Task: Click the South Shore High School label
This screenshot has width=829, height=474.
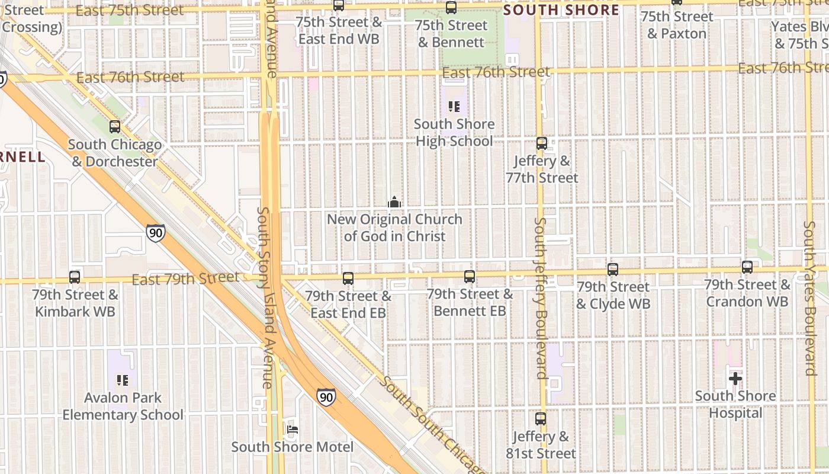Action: tap(454, 133)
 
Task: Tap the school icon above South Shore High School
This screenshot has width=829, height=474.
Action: tap(454, 107)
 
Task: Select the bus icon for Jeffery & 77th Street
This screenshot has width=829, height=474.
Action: tap(541, 143)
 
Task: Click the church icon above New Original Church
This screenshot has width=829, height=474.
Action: tap(394, 203)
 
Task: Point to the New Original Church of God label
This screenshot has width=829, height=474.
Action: tap(394, 228)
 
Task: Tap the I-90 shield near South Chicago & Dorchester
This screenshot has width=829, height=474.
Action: tap(155, 233)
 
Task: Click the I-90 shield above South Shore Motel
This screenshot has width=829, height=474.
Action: tap(325, 396)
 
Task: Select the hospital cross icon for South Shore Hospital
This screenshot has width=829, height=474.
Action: tap(735, 379)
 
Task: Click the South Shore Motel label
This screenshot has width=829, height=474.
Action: tap(293, 447)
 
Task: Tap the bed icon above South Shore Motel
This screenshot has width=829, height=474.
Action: tap(292, 430)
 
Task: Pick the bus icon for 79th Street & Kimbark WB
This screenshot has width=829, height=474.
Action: tap(75, 277)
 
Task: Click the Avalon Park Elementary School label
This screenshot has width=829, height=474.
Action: tap(123, 406)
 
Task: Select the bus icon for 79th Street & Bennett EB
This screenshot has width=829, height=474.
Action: tap(470, 277)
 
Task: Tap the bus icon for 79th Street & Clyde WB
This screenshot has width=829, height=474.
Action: tap(613, 270)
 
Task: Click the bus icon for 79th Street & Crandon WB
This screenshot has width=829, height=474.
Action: tap(747, 267)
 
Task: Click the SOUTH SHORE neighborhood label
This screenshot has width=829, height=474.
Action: tap(561, 10)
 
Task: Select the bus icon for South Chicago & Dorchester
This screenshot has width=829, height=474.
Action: tap(115, 127)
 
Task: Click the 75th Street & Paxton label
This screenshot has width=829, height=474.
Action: tap(677, 25)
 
